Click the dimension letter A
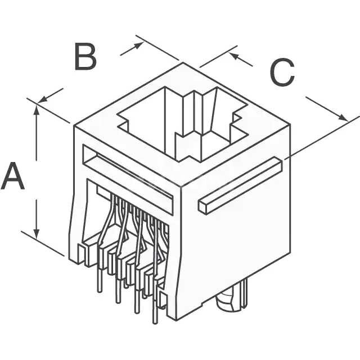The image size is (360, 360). pyautogui.click(x=12, y=176)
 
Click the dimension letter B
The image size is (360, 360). pyautogui.click(x=85, y=56)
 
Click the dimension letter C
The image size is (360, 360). pyautogui.click(x=282, y=72)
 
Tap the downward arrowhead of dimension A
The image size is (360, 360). pyautogui.click(x=36, y=234)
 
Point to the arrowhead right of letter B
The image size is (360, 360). pyautogui.click(x=138, y=45)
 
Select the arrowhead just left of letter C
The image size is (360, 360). pyautogui.click(x=233, y=56)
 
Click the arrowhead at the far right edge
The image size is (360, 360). pyautogui.click(x=343, y=118)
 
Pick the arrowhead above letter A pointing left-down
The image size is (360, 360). pyautogui.click(x=43, y=99)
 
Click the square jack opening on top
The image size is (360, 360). pyautogui.click(x=182, y=124)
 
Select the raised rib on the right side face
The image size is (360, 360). pyautogui.click(x=240, y=186)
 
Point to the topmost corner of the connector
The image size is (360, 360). pyautogui.click(x=183, y=62)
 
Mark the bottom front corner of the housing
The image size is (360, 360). pyautogui.click(x=176, y=320)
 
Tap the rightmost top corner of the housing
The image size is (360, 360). pyautogui.click(x=290, y=124)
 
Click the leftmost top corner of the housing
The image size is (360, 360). pyautogui.click(x=74, y=125)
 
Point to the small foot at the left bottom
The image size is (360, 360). pyautogui.click(x=81, y=254)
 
